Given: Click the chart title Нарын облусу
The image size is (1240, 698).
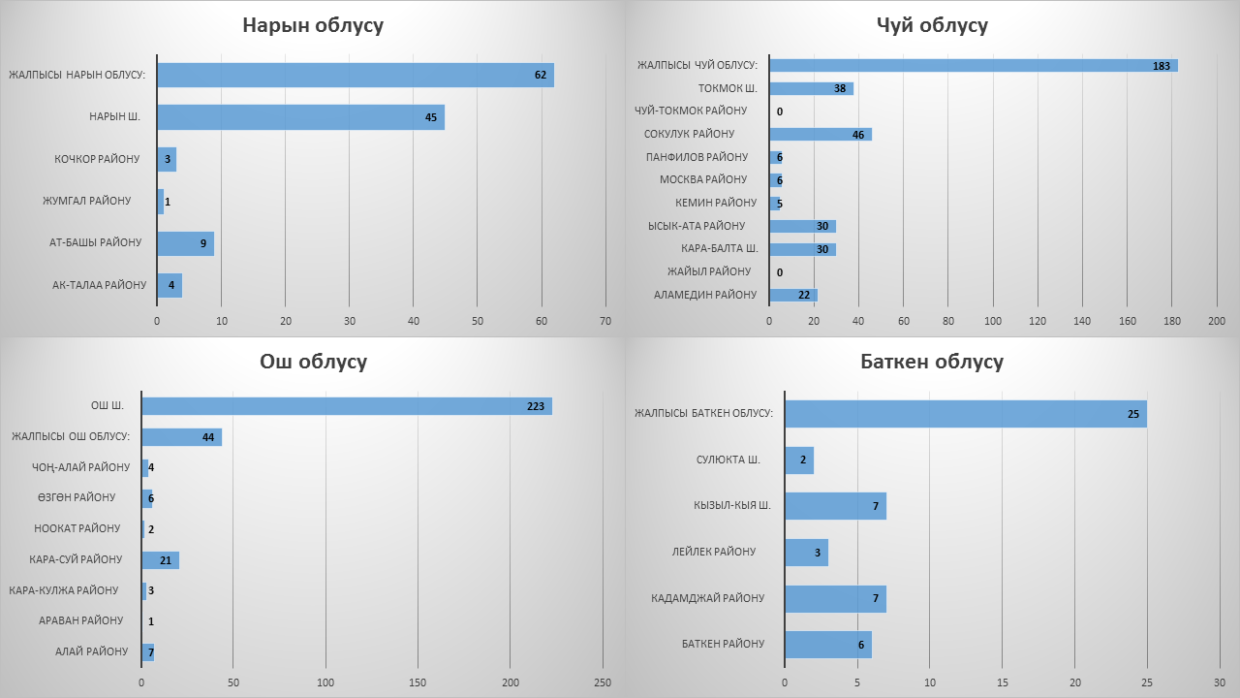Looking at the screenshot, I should (312, 25).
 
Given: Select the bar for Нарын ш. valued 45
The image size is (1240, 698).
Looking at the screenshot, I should (300, 117).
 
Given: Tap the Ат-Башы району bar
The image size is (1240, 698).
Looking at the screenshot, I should (185, 243).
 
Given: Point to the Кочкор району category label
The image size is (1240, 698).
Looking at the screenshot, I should (96, 159).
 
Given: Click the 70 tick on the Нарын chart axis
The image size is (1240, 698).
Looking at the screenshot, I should (605, 321).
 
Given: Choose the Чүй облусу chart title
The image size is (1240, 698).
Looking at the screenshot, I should (931, 25).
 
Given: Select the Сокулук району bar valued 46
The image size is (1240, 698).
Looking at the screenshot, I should (820, 134).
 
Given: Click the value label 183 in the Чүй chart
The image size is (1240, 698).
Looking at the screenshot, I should (1162, 66).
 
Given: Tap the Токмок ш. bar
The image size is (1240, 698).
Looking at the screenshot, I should (810, 88).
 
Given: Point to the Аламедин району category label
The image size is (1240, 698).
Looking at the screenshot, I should (705, 295).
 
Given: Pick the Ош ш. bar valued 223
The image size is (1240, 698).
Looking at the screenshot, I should (346, 406).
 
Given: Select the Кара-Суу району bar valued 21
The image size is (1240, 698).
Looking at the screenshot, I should (160, 560).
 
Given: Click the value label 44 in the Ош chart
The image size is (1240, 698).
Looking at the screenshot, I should (208, 437).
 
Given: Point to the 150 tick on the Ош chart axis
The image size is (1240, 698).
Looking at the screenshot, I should (418, 682).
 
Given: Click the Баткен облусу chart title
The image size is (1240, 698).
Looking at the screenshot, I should (931, 362).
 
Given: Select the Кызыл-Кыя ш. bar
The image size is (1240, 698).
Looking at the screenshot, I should (834, 506).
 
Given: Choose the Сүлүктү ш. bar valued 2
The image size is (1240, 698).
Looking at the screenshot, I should (798, 460).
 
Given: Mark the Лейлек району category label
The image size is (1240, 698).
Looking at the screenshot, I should (713, 552).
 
